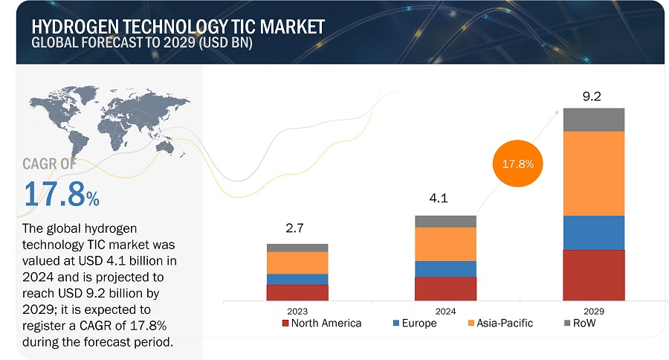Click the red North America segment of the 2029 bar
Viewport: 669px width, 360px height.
(593, 274)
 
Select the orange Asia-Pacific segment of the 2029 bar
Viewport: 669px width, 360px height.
(593, 173)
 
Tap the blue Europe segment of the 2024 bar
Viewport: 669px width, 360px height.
(445, 269)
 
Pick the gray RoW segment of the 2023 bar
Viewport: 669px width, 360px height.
(297, 248)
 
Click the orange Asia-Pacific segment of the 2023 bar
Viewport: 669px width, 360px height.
(297, 263)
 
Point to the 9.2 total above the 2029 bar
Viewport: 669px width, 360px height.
(593, 96)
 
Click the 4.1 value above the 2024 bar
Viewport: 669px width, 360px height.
(445, 199)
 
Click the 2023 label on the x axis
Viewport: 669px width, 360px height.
(297, 311)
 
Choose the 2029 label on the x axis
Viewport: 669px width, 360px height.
(593, 311)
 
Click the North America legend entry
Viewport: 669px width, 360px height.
(321, 323)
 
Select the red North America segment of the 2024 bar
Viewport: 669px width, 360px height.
(445, 287)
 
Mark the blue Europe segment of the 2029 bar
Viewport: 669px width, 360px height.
(593, 233)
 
